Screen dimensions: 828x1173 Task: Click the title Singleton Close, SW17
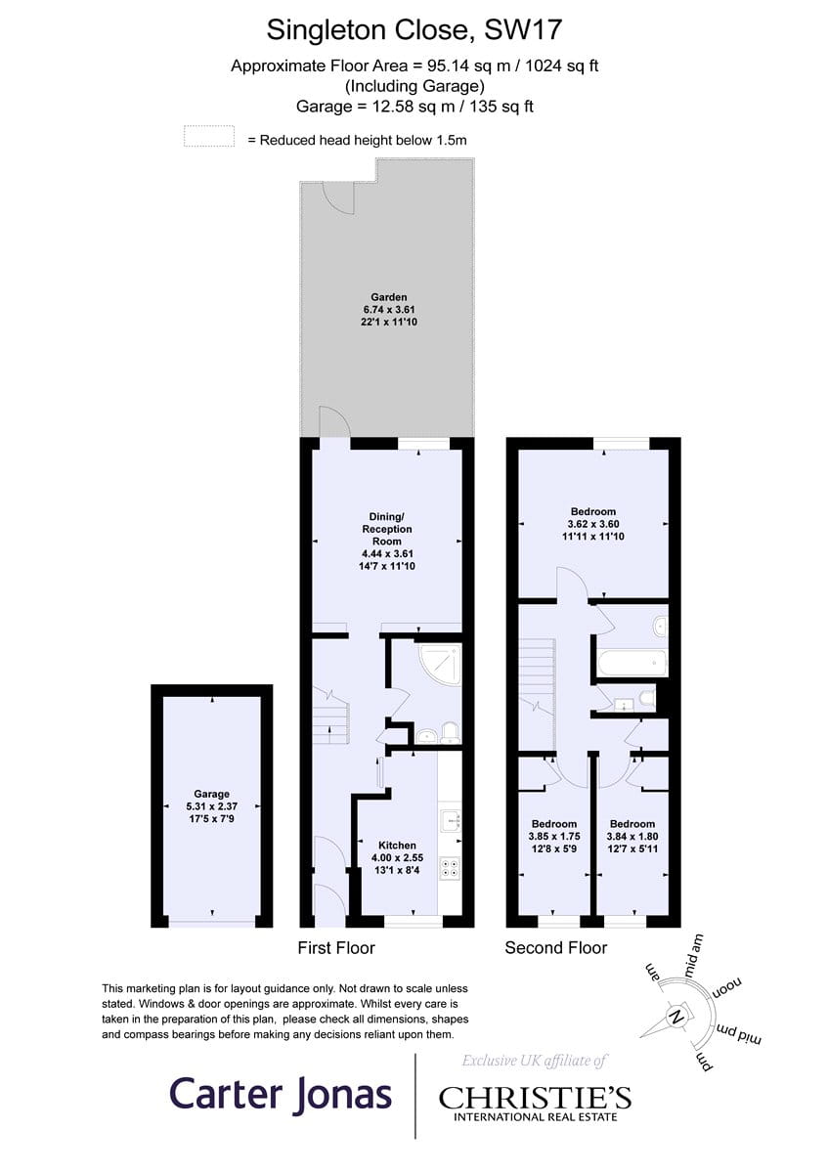[x=414, y=30]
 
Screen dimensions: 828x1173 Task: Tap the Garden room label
[x=388, y=297]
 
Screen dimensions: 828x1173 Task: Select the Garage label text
[x=211, y=794]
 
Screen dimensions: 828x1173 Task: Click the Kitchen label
[x=397, y=846]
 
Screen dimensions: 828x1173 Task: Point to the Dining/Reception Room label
[x=387, y=529]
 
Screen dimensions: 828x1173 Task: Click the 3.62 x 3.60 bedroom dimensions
[x=592, y=524]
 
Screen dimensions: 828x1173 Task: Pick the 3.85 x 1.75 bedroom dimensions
[x=554, y=837]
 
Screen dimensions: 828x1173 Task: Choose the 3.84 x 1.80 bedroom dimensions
[x=632, y=837]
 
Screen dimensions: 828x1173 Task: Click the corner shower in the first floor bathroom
[x=440, y=666]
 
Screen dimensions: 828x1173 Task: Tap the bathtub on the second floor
[x=632, y=663]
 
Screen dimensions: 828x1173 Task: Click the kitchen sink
[x=451, y=819]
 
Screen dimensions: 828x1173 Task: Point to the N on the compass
[x=676, y=1017]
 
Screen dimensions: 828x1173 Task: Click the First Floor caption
[x=336, y=948]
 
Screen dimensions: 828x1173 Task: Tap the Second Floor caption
[x=555, y=948]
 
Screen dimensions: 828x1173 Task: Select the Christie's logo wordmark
[x=535, y=1098]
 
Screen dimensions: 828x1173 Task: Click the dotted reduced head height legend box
[x=209, y=136]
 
